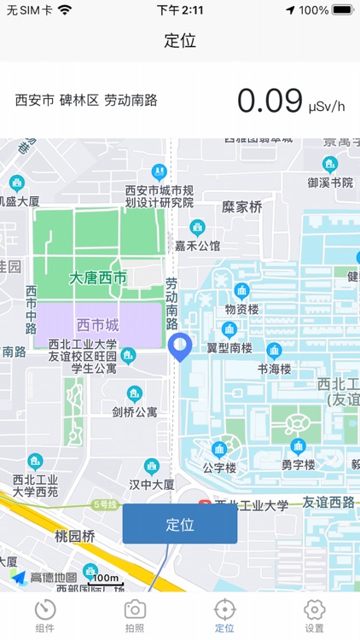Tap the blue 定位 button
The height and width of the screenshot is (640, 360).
(180, 524)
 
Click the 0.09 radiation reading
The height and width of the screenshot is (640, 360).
(270, 101)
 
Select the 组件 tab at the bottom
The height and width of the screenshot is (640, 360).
(45, 616)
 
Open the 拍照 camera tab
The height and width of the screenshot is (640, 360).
(135, 616)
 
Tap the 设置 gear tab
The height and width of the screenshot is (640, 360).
(315, 616)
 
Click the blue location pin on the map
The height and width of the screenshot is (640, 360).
(180, 346)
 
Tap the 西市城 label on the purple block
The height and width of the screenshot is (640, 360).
(98, 325)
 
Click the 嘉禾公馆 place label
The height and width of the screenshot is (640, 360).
(197, 245)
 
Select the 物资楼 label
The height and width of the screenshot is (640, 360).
(242, 309)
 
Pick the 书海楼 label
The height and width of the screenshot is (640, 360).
(275, 369)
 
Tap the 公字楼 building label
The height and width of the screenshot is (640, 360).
(218, 467)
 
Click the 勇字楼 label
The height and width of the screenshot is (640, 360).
(298, 464)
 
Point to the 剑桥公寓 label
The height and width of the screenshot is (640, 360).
(135, 411)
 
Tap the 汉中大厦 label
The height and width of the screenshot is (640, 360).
(151, 484)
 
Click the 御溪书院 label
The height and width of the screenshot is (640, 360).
(330, 182)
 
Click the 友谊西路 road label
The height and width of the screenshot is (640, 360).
(328, 503)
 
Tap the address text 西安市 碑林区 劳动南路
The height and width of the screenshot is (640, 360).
(86, 100)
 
